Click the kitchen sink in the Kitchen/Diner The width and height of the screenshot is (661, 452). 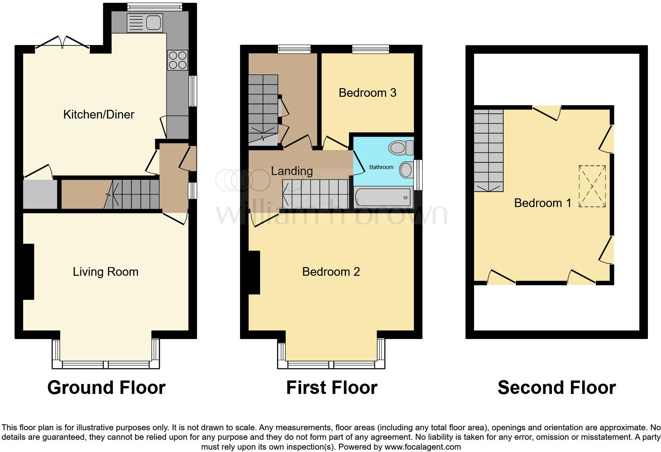(145, 23)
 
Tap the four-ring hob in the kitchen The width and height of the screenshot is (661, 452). (178, 60)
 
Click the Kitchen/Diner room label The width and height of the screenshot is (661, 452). (99, 115)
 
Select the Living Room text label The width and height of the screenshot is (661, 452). (106, 272)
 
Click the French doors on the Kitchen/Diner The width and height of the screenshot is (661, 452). (62, 43)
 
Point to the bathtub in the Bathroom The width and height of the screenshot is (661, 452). (382, 197)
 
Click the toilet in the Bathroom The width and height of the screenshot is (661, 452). (400, 148)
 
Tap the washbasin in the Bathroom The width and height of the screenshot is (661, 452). (406, 170)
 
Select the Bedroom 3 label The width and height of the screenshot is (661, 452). (367, 93)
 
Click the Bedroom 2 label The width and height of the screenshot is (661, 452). (331, 272)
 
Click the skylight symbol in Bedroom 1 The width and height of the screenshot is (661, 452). (592, 186)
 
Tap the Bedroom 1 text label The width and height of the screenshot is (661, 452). (542, 203)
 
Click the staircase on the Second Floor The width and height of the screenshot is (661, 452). (489, 150)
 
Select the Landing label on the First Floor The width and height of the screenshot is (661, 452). (292, 171)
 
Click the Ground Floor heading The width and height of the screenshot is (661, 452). (106, 388)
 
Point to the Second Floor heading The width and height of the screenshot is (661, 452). (557, 388)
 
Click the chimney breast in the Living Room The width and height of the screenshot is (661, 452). (28, 272)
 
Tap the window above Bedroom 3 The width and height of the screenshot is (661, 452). (370, 49)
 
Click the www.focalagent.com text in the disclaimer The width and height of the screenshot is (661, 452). (422, 447)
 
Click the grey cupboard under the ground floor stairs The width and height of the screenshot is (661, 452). (40, 194)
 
